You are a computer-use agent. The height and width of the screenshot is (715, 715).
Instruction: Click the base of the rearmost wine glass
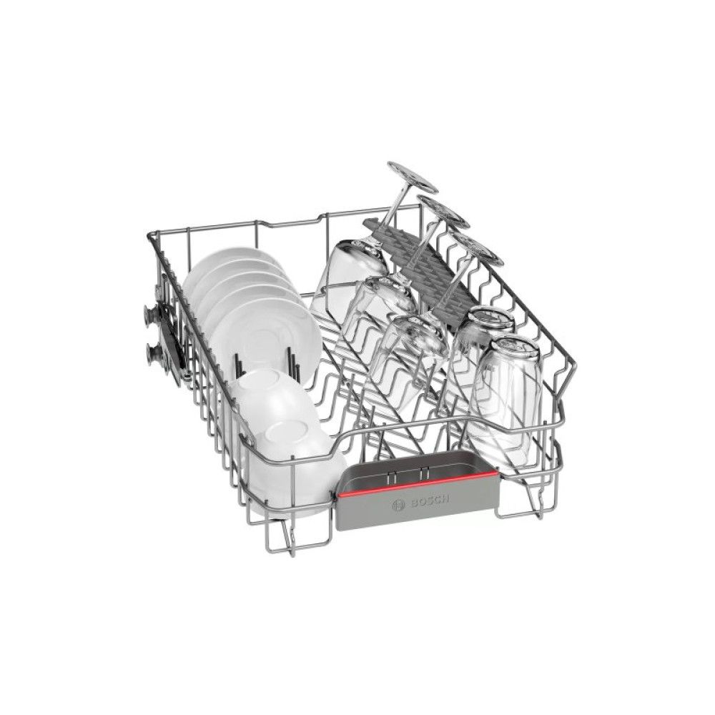[413, 176]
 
